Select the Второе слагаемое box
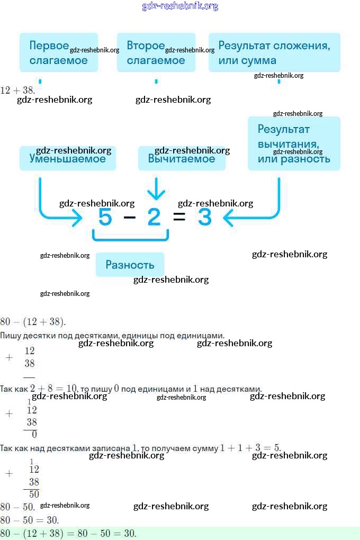(156, 52)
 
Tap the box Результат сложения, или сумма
(274, 52)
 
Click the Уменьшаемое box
(67, 158)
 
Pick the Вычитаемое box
(182, 158)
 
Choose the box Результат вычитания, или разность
(294, 143)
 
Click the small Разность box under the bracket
(130, 265)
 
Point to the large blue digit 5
(105, 217)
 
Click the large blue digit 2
(154, 217)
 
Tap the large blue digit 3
(204, 217)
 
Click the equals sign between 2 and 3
(179, 217)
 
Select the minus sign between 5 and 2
(129, 217)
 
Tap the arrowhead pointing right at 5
(78, 217)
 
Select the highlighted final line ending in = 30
(69, 533)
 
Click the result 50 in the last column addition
(34, 494)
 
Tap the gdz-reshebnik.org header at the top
(180, 6)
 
